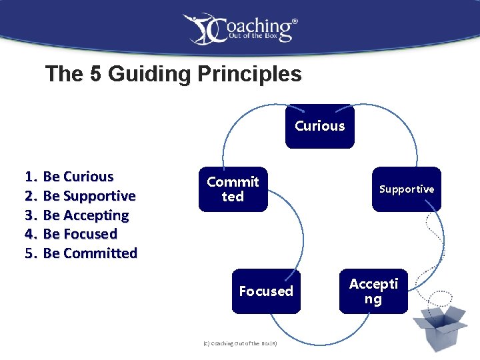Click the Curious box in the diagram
[320, 126]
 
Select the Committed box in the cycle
[233, 189]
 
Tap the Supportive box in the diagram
[406, 189]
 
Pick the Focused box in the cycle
[266, 291]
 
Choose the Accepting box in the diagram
[373, 291]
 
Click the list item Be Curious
[78, 177]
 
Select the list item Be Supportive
[89, 196]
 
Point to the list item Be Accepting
[85, 215]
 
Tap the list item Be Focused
[80, 234]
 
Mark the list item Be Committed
[90, 253]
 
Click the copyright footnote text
[239, 343]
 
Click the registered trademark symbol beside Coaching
[295, 21]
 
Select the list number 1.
[29, 177]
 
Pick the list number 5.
[29, 253]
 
